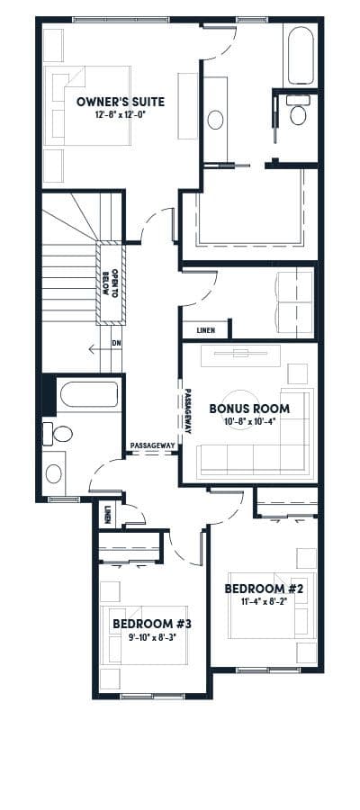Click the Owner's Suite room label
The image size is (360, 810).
[x=121, y=102]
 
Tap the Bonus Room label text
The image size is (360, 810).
[x=249, y=409]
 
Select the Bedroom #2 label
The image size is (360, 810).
[x=262, y=589]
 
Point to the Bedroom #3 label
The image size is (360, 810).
[x=152, y=624]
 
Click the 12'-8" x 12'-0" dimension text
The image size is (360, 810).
[x=121, y=114]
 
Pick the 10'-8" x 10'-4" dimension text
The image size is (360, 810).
[x=250, y=420]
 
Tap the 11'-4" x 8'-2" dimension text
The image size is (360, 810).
[x=264, y=601]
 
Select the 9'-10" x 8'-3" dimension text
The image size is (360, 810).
[x=152, y=637]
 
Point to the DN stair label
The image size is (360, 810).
[x=116, y=343]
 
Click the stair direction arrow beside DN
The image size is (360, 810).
[x=99, y=350]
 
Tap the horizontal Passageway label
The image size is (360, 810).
[x=152, y=445]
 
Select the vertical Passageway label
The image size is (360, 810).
[x=188, y=411]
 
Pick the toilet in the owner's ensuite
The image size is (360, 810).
[x=297, y=110]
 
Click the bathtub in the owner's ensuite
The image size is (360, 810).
[x=301, y=55]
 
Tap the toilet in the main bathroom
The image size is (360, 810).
[x=58, y=434]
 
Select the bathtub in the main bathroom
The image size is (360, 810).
[x=89, y=395]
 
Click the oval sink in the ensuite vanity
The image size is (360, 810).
[x=215, y=120]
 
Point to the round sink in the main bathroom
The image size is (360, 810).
[x=54, y=473]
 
